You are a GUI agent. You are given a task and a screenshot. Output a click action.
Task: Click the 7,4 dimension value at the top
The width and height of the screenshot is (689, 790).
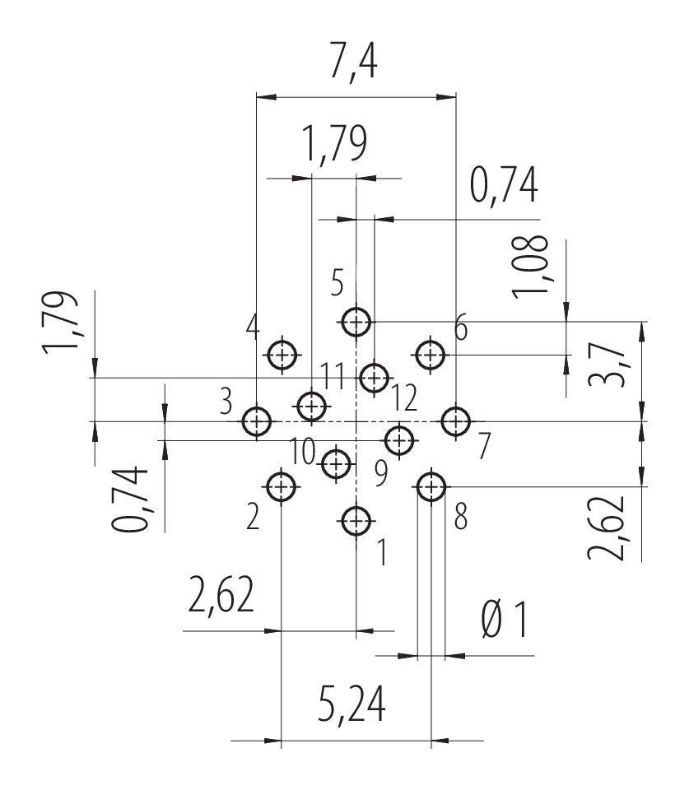click(353, 62)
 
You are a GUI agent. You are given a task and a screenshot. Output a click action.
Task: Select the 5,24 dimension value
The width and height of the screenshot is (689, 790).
click(351, 704)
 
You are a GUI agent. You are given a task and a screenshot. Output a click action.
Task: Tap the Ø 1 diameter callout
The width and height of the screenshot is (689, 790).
click(505, 620)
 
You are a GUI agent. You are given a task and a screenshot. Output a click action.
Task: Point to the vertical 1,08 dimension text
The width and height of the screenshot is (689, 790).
click(530, 267)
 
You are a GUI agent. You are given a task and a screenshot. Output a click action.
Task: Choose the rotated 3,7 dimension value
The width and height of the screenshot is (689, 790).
click(607, 365)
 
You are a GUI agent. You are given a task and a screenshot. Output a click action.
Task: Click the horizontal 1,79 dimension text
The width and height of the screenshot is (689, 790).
click(333, 143)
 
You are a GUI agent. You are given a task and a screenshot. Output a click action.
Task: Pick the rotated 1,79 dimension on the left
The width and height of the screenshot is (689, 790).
click(60, 323)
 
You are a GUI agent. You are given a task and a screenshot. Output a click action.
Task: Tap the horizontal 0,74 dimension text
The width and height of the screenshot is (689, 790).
click(504, 185)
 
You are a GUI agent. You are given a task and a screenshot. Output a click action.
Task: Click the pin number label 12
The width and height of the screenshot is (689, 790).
click(403, 397)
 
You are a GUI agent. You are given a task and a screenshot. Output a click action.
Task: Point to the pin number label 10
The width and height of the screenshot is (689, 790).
click(303, 451)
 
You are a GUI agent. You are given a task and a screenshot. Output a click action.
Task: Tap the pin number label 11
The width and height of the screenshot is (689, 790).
click(333, 376)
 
